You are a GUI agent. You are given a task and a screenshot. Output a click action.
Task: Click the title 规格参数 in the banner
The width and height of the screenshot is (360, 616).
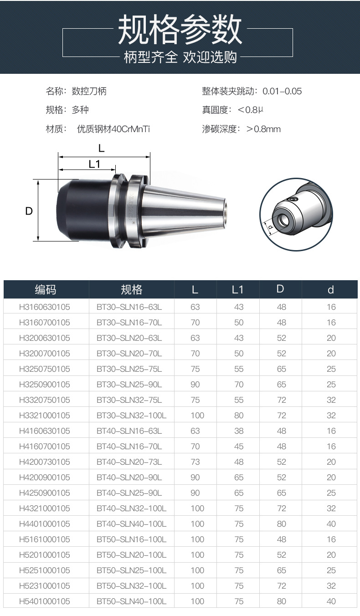(180, 29)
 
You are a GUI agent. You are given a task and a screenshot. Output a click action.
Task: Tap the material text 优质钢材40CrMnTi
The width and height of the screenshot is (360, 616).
(113, 128)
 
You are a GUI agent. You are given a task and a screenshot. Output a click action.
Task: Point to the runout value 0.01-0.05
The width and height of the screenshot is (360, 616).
(282, 91)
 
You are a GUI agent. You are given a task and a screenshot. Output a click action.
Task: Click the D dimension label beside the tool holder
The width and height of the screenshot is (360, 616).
(29, 211)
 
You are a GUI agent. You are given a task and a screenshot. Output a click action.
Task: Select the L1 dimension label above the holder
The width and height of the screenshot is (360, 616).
(94, 164)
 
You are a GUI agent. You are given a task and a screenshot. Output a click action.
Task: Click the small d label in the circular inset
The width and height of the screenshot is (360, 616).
(271, 227)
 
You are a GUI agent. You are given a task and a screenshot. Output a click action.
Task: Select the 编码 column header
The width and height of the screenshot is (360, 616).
(46, 290)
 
